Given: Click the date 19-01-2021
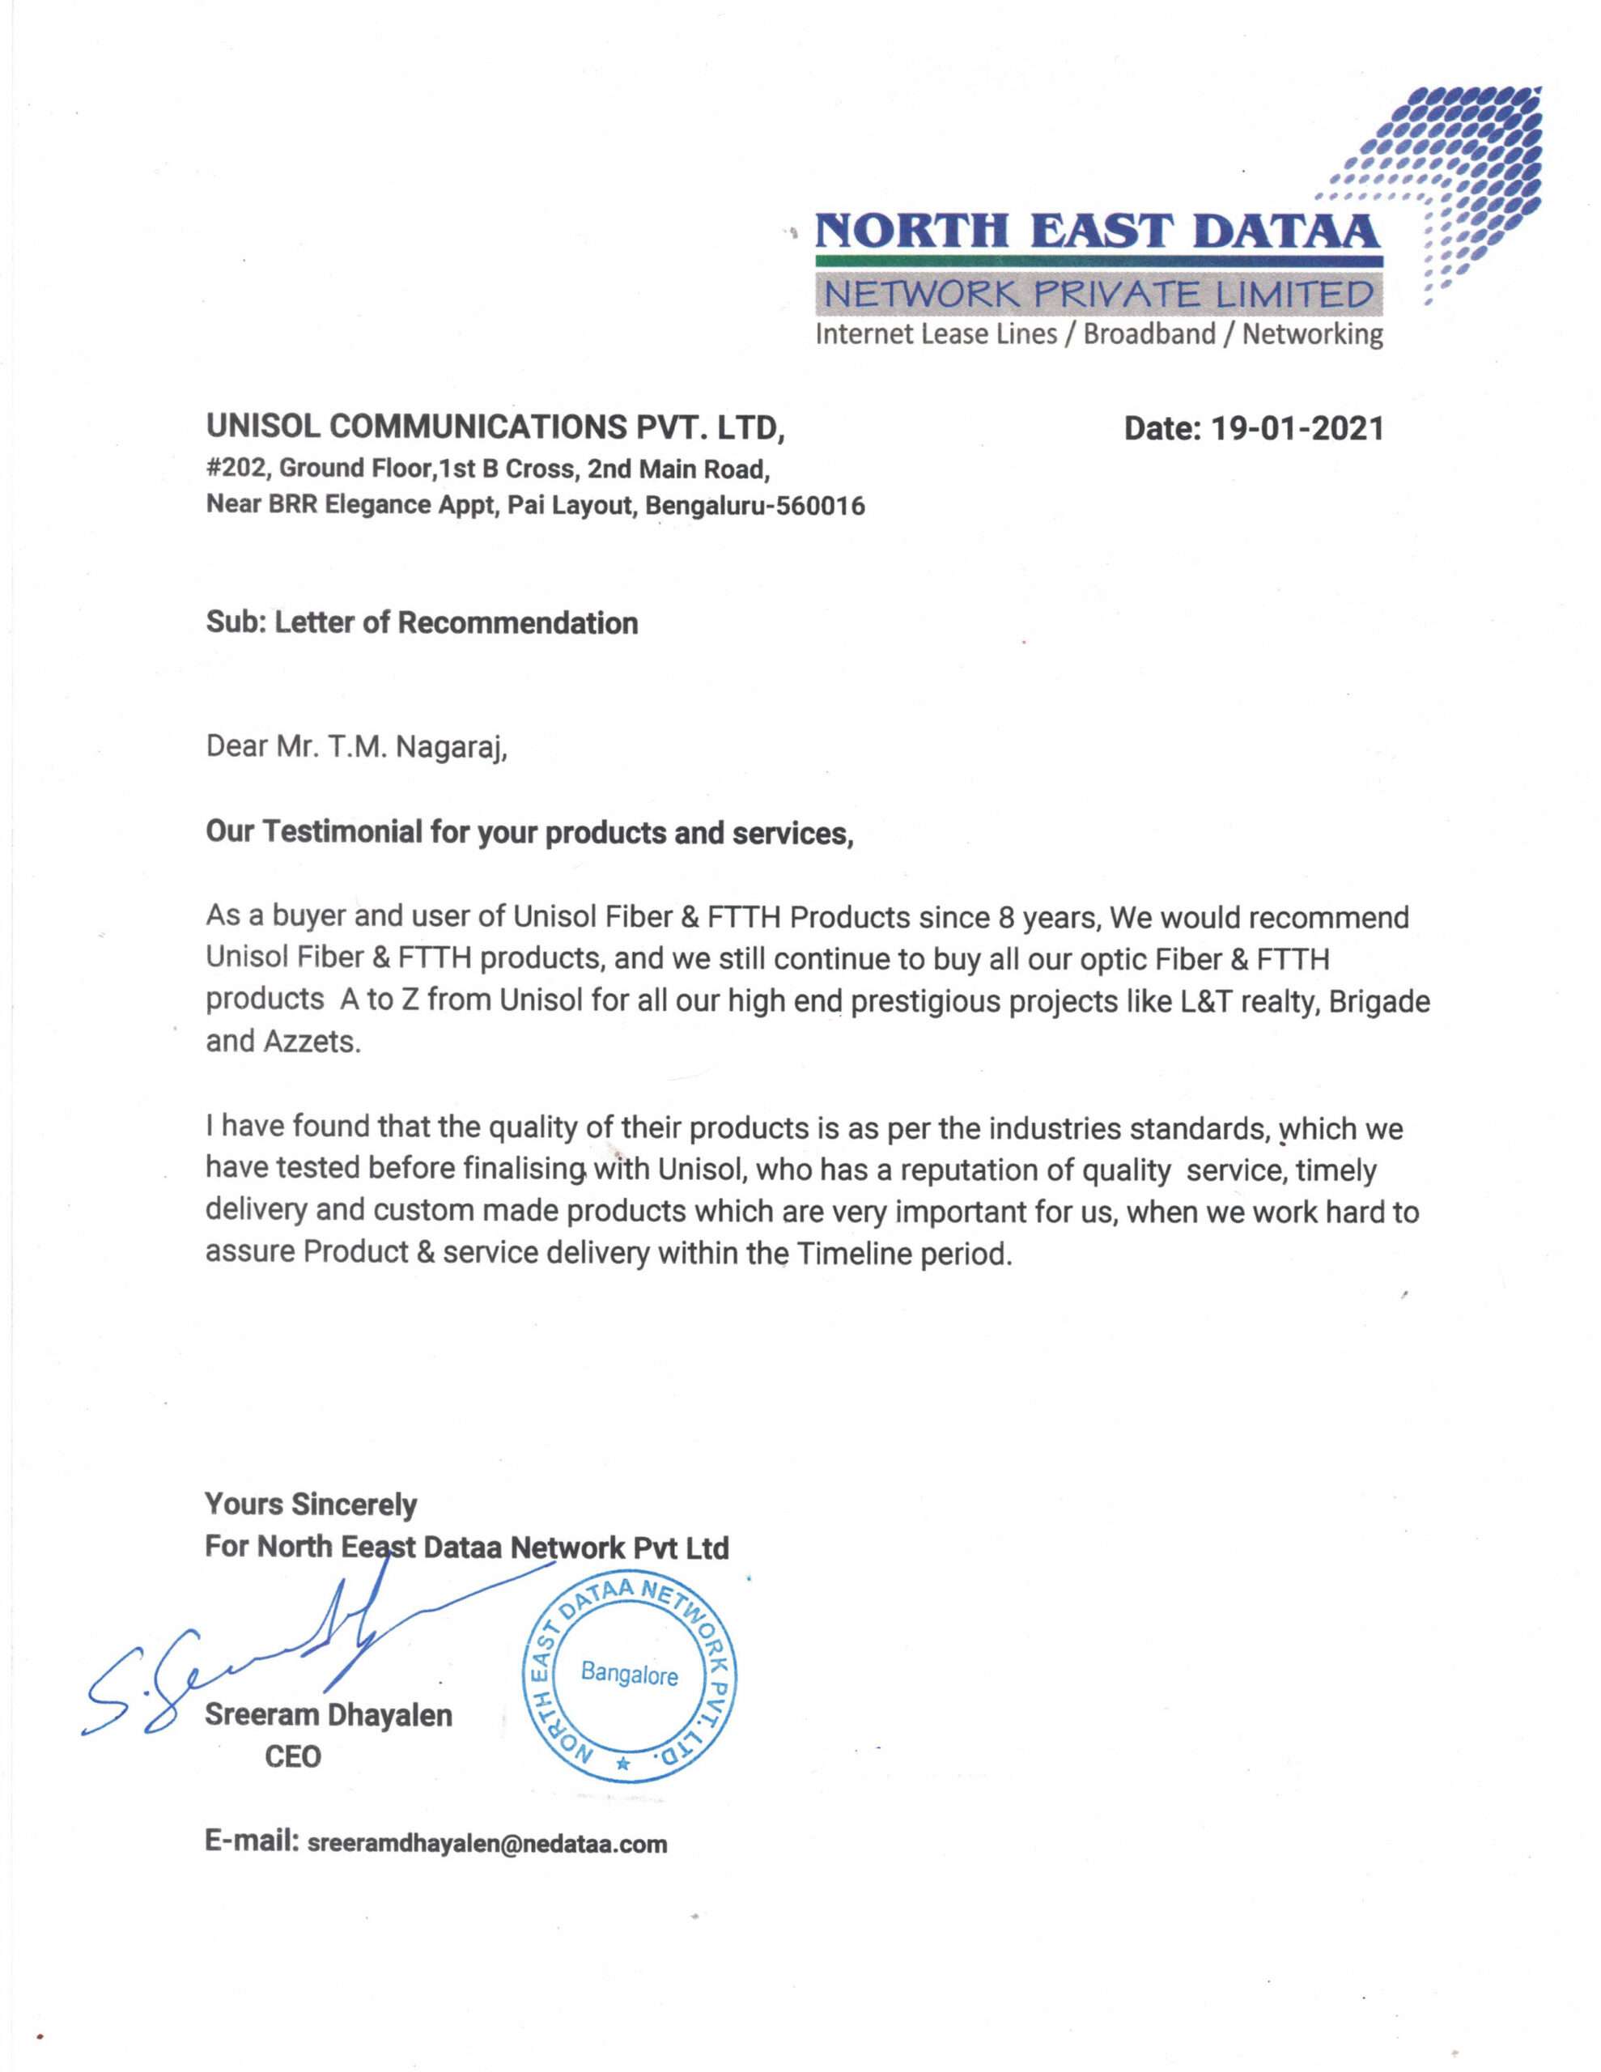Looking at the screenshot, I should [x=1297, y=430].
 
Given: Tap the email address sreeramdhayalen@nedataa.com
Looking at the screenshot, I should [x=488, y=1844].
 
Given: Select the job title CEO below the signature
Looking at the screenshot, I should [x=292, y=1756].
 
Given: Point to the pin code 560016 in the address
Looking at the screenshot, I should [x=820, y=506].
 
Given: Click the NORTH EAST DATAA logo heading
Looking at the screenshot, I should [x=1096, y=231].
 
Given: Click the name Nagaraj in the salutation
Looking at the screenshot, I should [x=451, y=748].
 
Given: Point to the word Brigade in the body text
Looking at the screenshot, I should [x=1379, y=1002].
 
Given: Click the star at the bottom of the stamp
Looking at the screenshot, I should [x=622, y=1764].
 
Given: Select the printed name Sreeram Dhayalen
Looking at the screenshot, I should [x=329, y=1714].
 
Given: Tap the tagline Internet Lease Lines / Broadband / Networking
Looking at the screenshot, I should [x=1099, y=334].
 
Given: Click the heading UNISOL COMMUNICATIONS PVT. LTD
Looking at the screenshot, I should [x=495, y=429].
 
